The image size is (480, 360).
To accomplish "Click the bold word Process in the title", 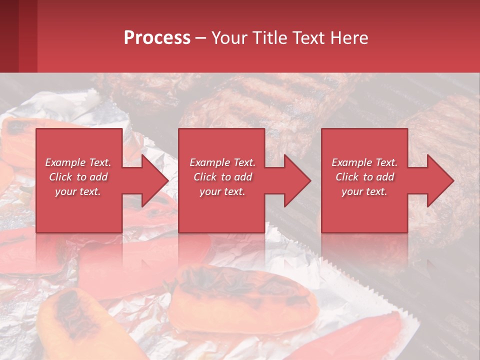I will tap(157, 38).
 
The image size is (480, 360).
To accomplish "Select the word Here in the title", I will tap(348, 38).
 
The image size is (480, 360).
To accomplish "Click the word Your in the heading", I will tap(229, 38).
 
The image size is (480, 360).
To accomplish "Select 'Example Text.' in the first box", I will tap(78, 162).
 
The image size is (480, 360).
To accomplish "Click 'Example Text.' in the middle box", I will tap(222, 162).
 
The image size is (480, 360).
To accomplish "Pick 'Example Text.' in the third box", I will tap(364, 162).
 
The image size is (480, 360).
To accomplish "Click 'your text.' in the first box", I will tap(78, 191).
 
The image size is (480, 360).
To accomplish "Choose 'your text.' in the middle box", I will tap(222, 191).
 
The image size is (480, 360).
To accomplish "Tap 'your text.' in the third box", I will tap(364, 191).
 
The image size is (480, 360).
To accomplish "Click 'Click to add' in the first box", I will tap(78, 177).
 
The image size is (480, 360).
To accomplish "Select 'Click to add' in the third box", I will tap(364, 177).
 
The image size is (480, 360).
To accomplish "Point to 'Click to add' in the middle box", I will tap(222, 177).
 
